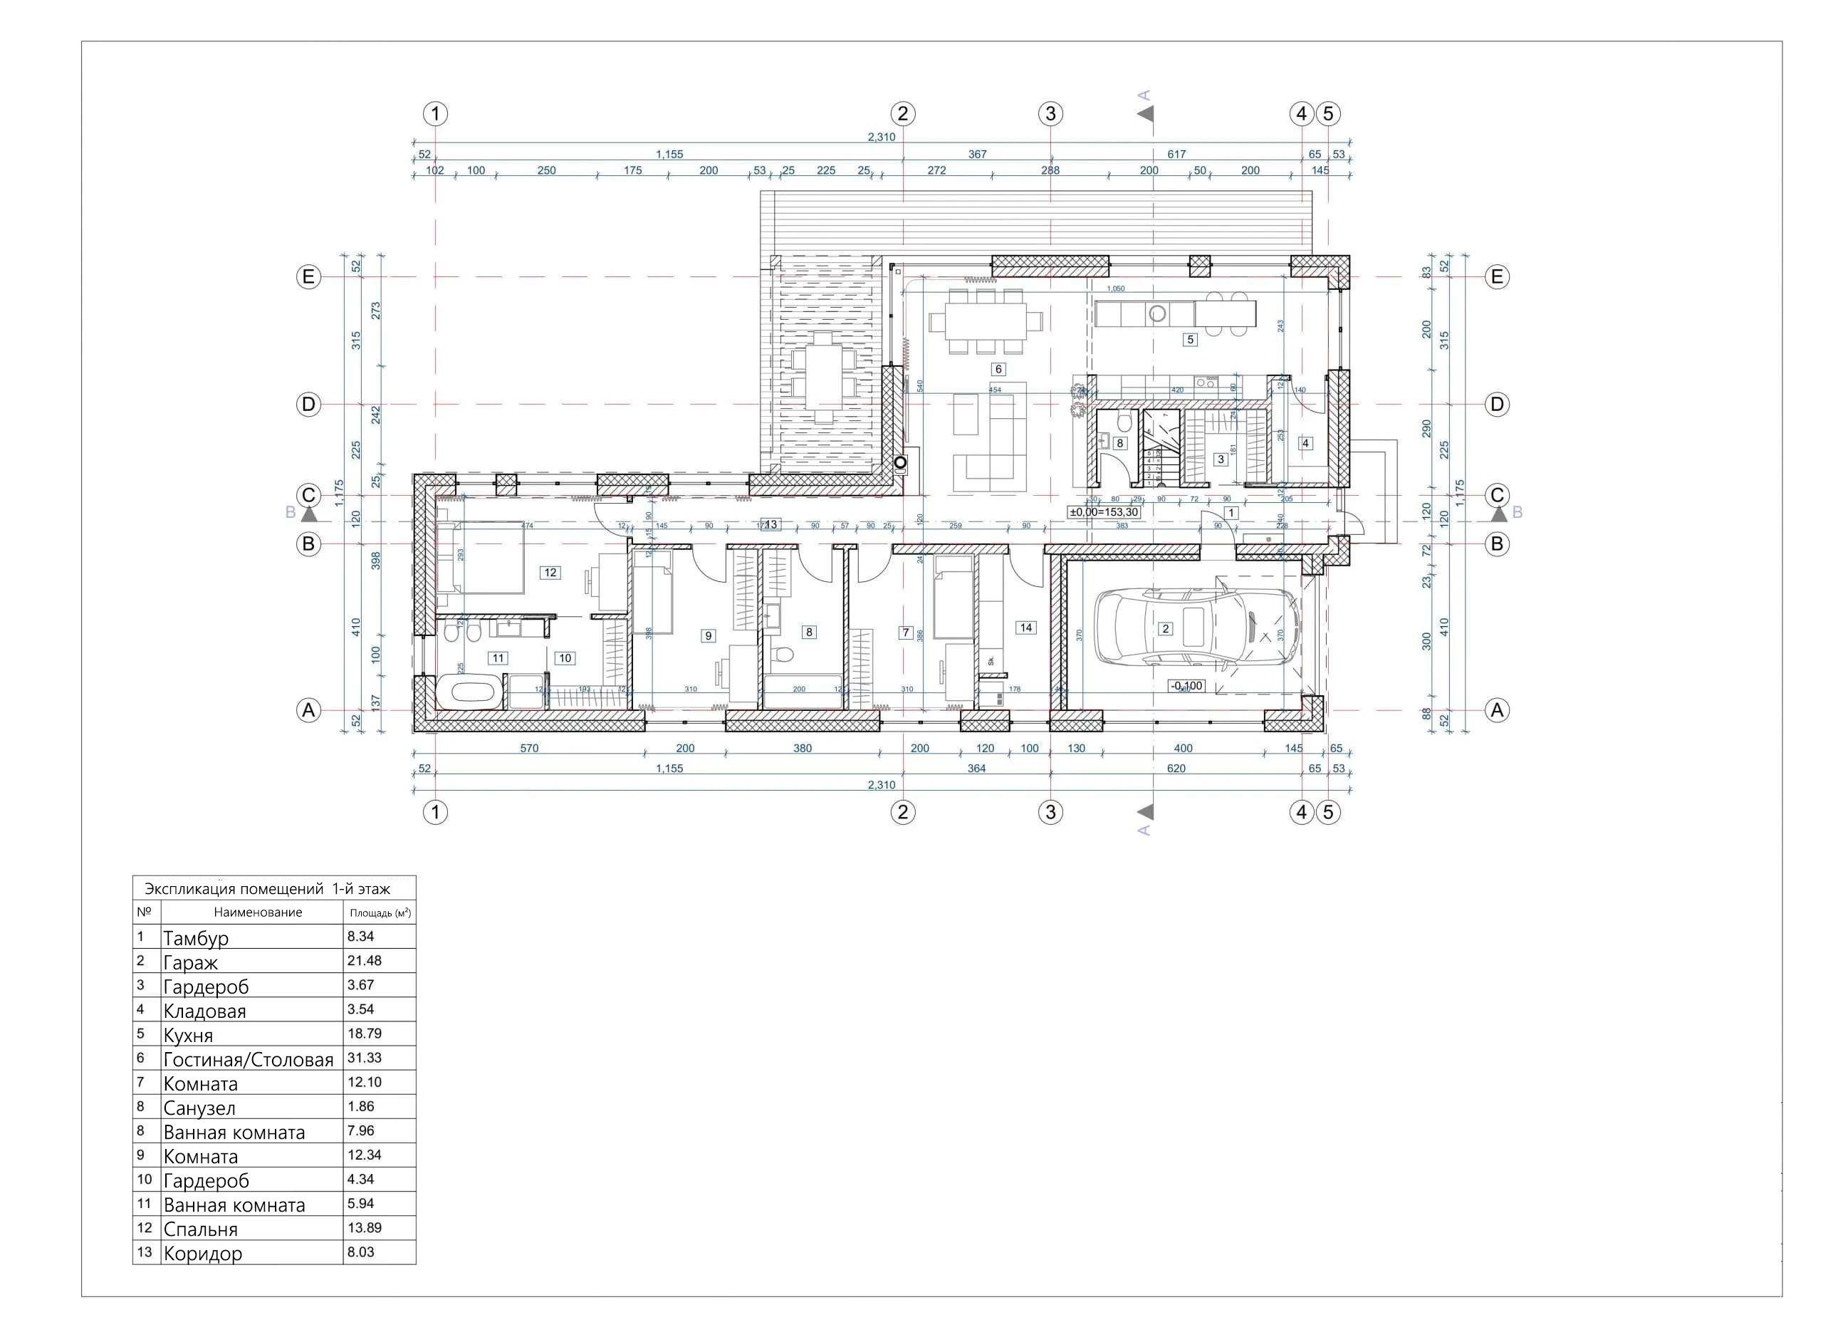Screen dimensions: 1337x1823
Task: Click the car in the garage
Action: point(1196,628)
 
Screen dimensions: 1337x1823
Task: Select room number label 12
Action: point(550,573)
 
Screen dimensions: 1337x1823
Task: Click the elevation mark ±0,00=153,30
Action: point(1104,512)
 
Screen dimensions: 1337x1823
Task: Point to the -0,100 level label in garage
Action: point(1186,686)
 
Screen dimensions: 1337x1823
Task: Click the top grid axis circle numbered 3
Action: point(1050,114)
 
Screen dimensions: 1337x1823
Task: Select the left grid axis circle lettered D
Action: point(308,405)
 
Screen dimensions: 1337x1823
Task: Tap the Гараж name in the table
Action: point(190,963)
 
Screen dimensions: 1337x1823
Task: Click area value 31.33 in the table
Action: point(364,1058)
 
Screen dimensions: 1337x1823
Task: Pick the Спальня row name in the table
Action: point(200,1229)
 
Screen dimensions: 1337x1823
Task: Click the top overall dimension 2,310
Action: point(881,137)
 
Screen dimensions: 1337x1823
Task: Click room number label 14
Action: point(1026,628)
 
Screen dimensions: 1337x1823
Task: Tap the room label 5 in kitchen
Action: point(1189,340)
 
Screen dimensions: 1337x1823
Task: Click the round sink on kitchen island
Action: point(1157,314)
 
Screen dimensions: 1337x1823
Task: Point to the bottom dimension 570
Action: point(528,749)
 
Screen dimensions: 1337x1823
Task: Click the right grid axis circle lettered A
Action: point(1496,711)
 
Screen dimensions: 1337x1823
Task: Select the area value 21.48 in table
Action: point(364,961)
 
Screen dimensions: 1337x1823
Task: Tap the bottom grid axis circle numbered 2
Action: point(903,812)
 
